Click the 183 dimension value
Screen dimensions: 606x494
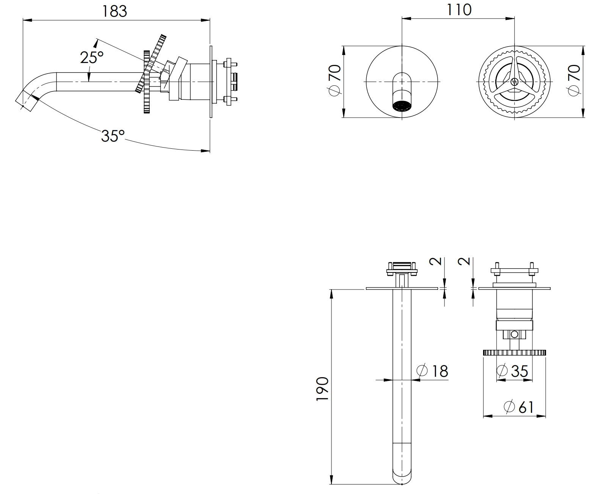coord(114,11)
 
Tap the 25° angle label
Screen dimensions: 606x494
coord(92,57)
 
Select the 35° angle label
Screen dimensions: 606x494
coord(113,136)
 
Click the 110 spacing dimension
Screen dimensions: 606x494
coord(459,10)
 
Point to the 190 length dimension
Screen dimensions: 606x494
coord(323,389)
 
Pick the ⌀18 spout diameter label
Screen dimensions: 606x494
coord(432,371)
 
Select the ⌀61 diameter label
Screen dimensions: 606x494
coord(518,407)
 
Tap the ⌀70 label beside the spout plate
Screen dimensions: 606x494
coord(334,80)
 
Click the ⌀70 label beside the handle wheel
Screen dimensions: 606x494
coord(573,80)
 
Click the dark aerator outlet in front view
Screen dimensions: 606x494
coord(402,105)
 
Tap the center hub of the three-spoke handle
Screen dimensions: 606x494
coord(514,82)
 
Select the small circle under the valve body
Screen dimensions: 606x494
coord(514,334)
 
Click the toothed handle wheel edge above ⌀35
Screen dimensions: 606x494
coord(514,352)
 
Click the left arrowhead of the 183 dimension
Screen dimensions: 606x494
coord(27,20)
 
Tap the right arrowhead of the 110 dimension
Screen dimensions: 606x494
coord(510,19)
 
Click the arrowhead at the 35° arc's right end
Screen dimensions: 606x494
coord(206,151)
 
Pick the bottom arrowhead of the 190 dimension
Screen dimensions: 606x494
coord(331,480)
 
